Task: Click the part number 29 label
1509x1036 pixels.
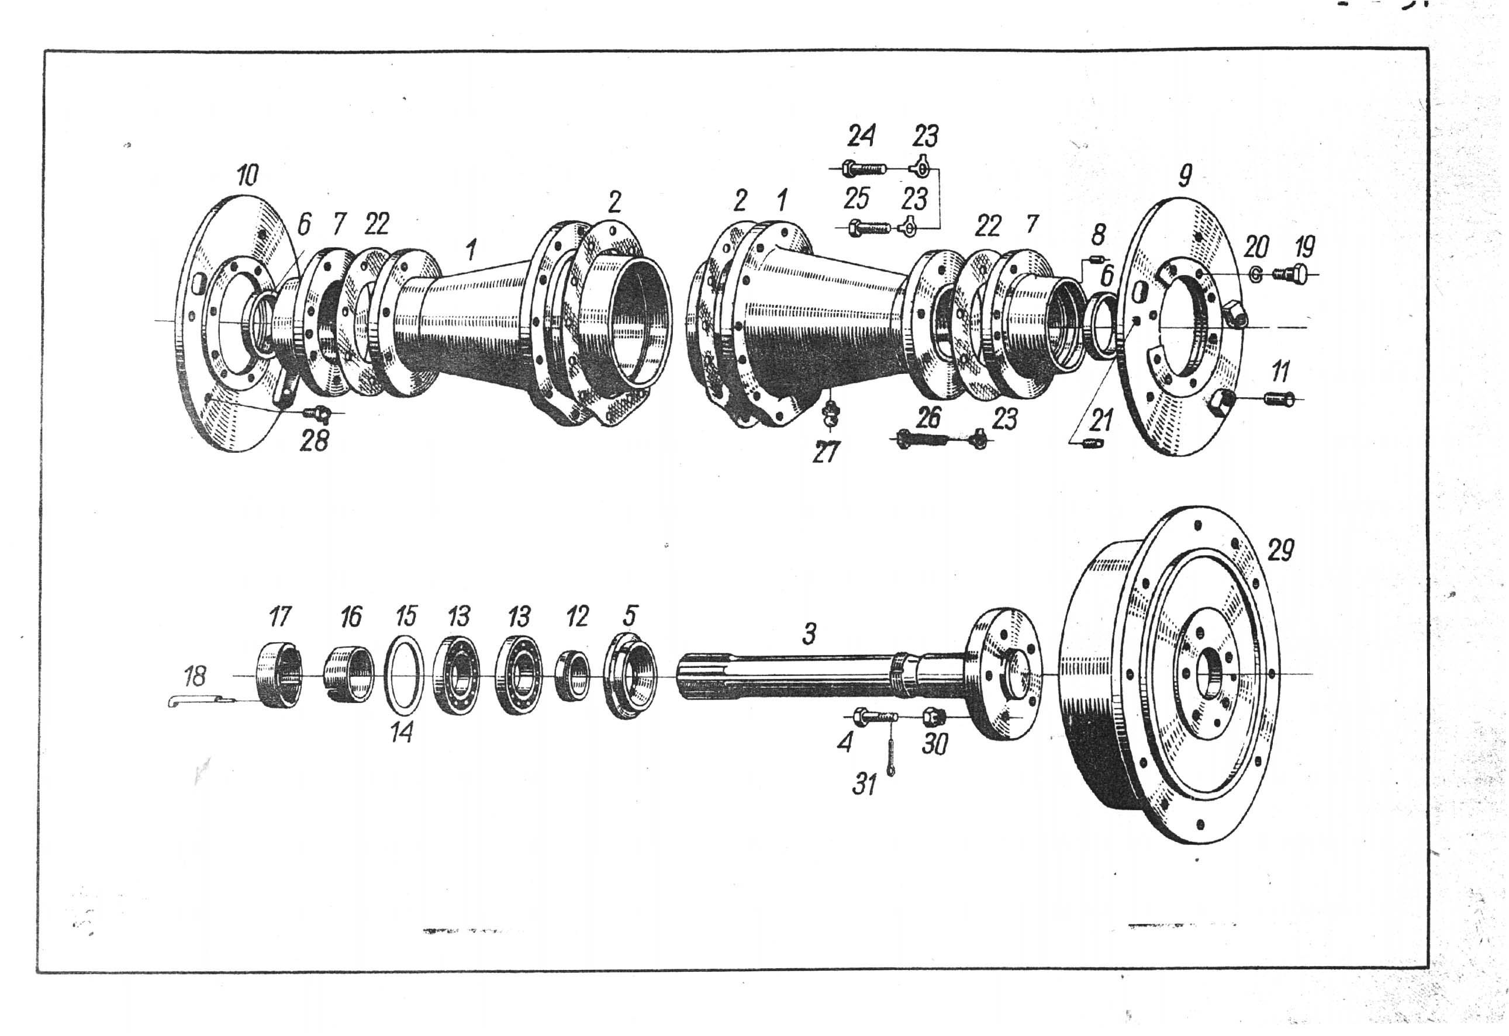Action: coord(1280,550)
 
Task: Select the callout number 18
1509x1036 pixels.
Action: coord(194,677)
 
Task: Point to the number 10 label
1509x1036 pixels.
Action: coord(247,175)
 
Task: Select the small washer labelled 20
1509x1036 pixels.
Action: coord(1256,276)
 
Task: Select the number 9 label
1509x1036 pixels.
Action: coord(1185,175)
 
